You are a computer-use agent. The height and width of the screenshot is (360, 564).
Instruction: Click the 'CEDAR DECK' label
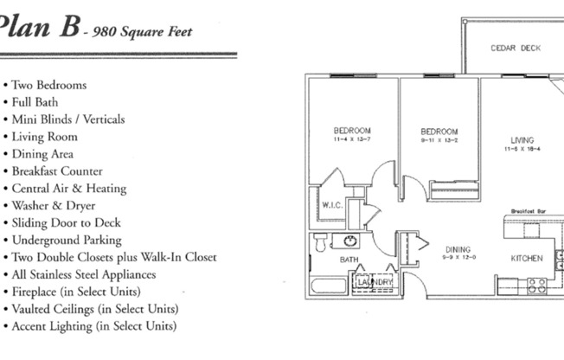point(516,48)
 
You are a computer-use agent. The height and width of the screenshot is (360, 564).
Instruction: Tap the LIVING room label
point(522,140)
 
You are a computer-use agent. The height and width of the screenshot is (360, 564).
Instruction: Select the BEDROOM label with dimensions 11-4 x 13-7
point(352,131)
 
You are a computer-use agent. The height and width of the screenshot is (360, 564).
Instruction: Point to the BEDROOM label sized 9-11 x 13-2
point(439,132)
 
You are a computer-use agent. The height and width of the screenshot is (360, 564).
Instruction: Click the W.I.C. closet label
point(332,206)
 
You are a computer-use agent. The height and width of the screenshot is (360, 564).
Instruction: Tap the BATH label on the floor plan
point(349,259)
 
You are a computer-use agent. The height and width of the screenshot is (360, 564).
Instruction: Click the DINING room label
point(458,249)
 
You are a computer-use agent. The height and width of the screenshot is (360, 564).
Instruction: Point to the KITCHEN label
point(526,258)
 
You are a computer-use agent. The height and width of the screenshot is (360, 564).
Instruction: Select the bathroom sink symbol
point(351,241)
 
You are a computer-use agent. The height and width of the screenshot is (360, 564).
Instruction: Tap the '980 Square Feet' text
point(142,33)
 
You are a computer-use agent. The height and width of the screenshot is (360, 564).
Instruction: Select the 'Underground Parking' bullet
point(67,240)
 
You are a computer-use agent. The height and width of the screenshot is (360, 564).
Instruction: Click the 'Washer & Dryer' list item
point(54,206)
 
